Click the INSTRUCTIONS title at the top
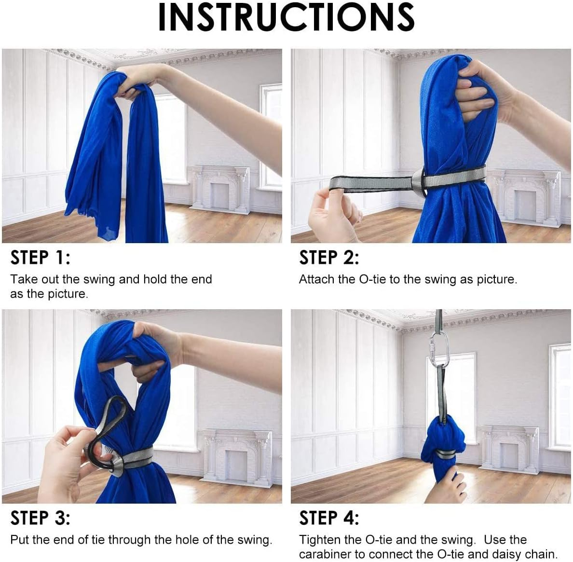coord(286,18)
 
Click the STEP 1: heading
coord(40,258)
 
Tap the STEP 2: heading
coord(329,258)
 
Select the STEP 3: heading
coord(40,518)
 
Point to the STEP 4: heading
coord(329,518)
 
